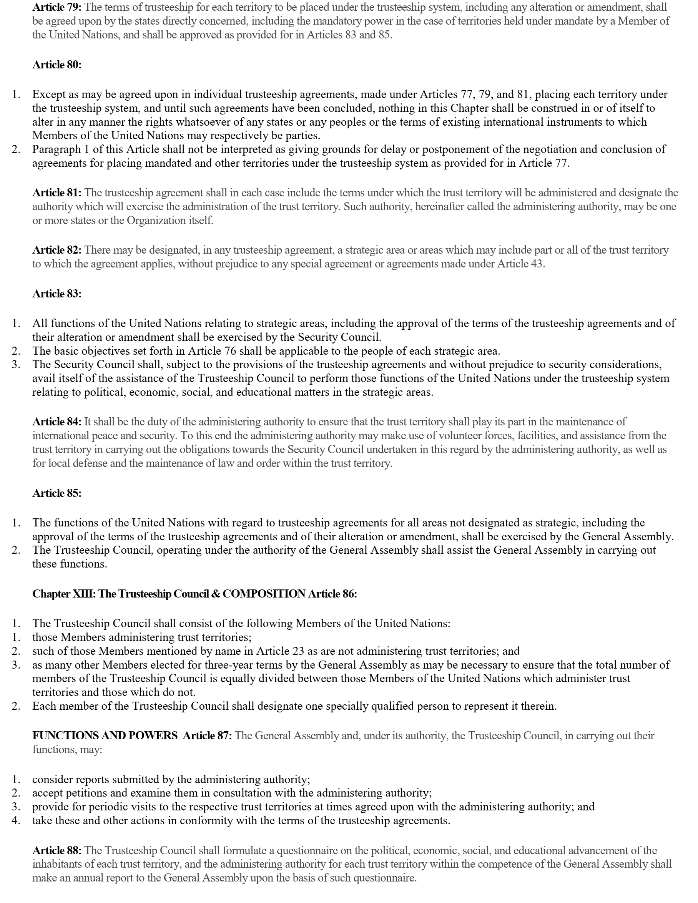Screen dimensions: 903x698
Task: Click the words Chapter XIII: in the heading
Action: [x=64, y=594]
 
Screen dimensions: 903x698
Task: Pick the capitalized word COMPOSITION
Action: [x=264, y=594]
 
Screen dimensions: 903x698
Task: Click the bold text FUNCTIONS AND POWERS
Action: [x=105, y=735]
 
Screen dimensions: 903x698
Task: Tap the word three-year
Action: [x=205, y=665]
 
